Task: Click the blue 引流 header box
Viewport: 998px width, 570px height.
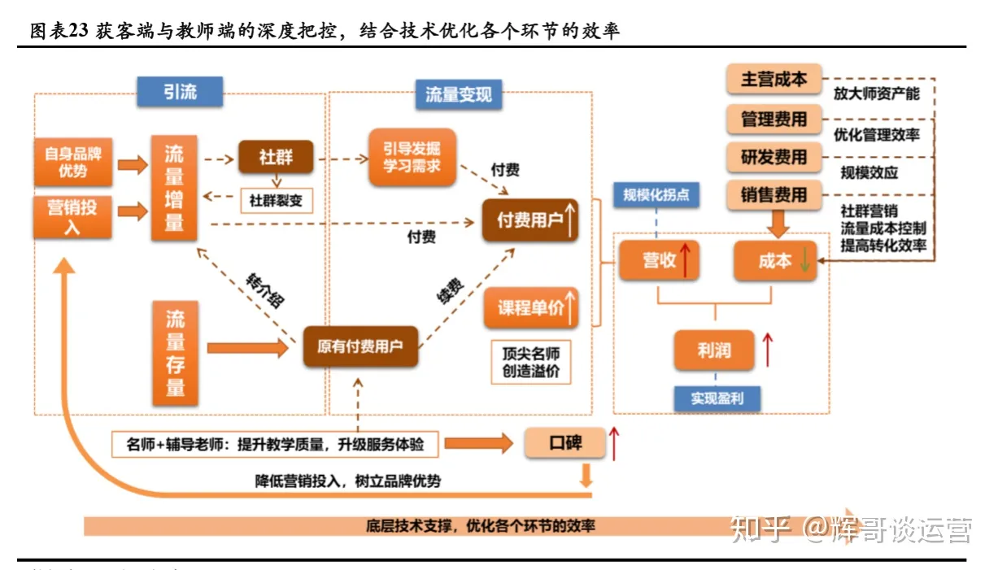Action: point(180,91)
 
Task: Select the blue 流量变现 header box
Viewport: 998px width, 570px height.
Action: point(459,94)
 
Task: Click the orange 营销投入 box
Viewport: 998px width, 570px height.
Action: point(72,216)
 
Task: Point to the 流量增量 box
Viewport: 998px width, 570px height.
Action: point(174,188)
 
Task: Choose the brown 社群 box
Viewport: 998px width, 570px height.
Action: point(276,157)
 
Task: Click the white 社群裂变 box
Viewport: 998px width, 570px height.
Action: point(276,200)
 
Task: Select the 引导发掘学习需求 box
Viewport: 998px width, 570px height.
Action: point(412,157)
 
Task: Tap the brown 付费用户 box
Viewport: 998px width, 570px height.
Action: point(530,220)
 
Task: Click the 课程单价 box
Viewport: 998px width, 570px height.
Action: point(531,307)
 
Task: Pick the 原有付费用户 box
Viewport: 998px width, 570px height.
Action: point(360,346)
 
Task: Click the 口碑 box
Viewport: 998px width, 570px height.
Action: point(565,443)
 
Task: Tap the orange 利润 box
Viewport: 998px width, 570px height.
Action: point(714,350)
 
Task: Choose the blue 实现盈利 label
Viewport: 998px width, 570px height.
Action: point(715,399)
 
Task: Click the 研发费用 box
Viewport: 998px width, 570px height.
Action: point(774,157)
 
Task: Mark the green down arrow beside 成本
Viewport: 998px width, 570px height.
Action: point(804,261)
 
